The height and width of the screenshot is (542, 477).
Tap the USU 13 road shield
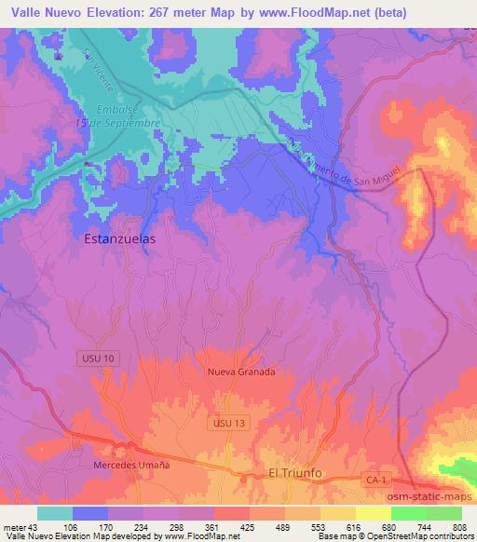(222, 423)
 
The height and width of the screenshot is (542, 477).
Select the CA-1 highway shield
(373, 478)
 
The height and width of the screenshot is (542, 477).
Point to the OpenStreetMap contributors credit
(414, 537)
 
